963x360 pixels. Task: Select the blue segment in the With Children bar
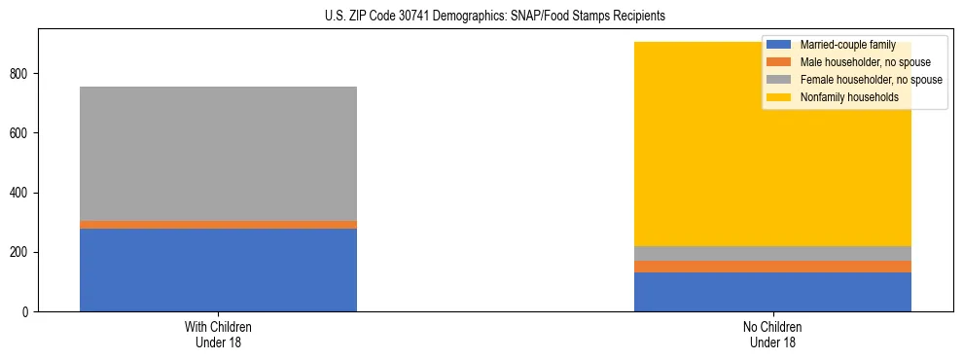click(218, 270)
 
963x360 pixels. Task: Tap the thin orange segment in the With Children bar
click(218, 225)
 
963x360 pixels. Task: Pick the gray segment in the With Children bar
click(218, 154)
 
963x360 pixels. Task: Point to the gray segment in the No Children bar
click(772, 253)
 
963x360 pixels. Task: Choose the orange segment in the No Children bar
click(772, 267)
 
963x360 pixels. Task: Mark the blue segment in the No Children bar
click(772, 292)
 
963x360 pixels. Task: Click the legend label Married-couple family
click(847, 45)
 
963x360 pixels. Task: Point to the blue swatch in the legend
click(779, 45)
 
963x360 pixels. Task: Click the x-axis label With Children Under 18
click(218, 334)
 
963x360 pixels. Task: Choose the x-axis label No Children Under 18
click(772, 334)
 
